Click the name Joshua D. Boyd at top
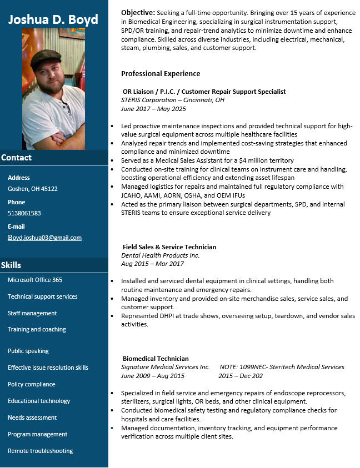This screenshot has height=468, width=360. [53, 19]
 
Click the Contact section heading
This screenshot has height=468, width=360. [17, 158]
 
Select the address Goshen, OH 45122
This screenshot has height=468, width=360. [33, 189]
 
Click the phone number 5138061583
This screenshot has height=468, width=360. [24, 213]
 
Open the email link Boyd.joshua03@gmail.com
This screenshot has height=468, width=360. [44, 238]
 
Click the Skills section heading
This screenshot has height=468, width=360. [11, 265]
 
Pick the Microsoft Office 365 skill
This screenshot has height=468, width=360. [35, 280]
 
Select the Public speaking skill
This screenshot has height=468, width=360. [28, 351]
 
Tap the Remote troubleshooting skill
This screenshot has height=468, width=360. [41, 451]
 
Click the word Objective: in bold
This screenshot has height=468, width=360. [138, 12]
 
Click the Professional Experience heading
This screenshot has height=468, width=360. [161, 73]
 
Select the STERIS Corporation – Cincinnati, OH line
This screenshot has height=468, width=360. [173, 100]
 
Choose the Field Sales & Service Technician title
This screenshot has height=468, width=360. [169, 247]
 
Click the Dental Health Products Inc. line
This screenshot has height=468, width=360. [160, 255]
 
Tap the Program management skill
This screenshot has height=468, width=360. [38, 434]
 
